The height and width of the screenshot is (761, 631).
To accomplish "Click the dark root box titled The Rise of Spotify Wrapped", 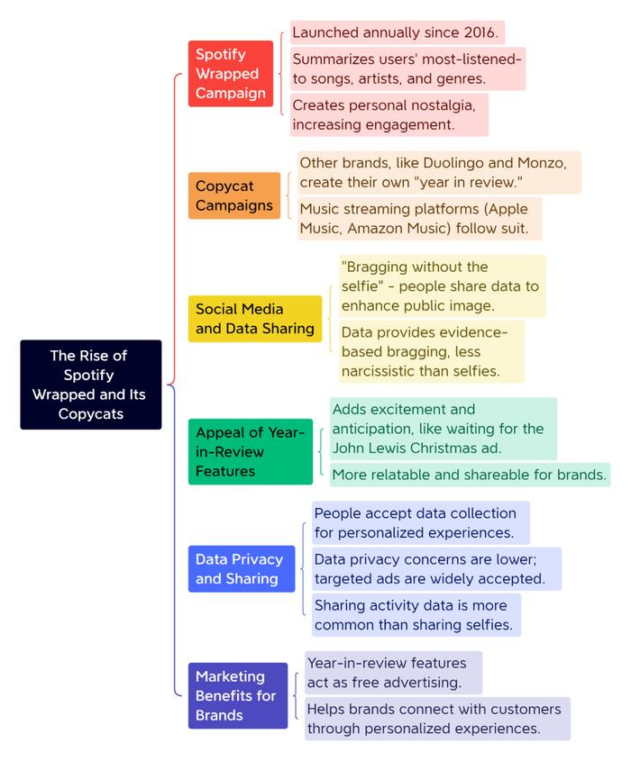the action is [91, 385].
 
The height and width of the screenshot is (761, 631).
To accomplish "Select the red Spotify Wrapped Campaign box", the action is [231, 73].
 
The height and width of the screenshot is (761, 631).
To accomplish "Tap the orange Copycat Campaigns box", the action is [234, 195].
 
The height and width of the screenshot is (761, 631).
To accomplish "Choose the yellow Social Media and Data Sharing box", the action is [255, 319].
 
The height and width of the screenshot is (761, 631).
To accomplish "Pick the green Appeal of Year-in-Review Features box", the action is [251, 451].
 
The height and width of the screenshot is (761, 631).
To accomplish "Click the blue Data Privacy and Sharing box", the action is [242, 569].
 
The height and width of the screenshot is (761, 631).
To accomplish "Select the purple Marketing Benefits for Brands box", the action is [238, 695].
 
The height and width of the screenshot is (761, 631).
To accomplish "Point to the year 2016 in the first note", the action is [480, 32].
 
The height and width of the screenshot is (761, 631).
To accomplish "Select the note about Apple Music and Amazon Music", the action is [420, 219].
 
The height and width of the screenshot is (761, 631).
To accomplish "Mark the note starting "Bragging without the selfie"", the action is [443, 285].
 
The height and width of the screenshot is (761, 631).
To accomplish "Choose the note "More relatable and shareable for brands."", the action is [470, 475].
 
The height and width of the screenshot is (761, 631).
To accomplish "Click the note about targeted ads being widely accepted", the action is [436, 569].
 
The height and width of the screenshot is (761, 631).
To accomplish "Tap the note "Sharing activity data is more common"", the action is [416, 615].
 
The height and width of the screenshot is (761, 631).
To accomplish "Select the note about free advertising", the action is [393, 673].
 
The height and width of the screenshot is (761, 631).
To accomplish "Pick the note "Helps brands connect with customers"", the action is [437, 719].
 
